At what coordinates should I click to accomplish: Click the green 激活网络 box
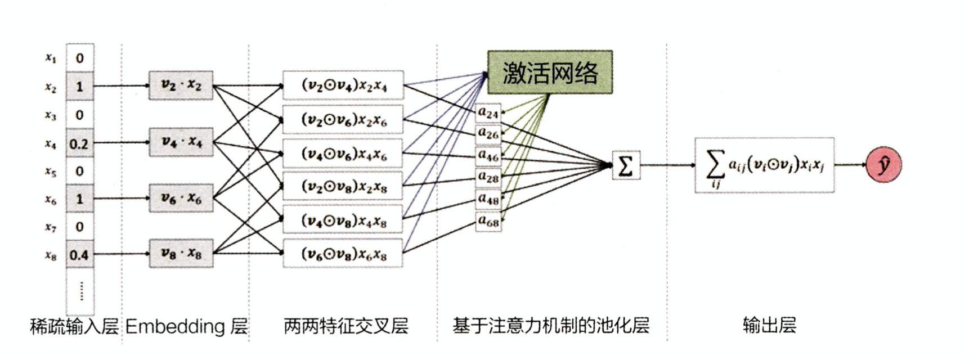550,72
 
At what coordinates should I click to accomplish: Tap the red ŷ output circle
883,165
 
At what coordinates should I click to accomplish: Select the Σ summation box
626,165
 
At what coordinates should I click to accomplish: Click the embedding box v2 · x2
181,85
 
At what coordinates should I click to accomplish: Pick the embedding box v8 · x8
181,254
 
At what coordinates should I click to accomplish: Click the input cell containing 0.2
79,143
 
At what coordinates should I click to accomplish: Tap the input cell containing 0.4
79,255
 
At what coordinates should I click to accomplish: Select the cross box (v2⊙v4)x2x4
343,85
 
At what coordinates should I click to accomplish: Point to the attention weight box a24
488,112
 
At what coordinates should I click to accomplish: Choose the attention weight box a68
488,221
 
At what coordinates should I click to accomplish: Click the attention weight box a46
488,155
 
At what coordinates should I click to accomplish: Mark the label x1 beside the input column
51,58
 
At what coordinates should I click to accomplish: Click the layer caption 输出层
769,325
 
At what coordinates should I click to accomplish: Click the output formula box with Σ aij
764,165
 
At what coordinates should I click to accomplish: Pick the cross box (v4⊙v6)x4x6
343,154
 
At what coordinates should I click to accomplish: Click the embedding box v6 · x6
181,198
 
